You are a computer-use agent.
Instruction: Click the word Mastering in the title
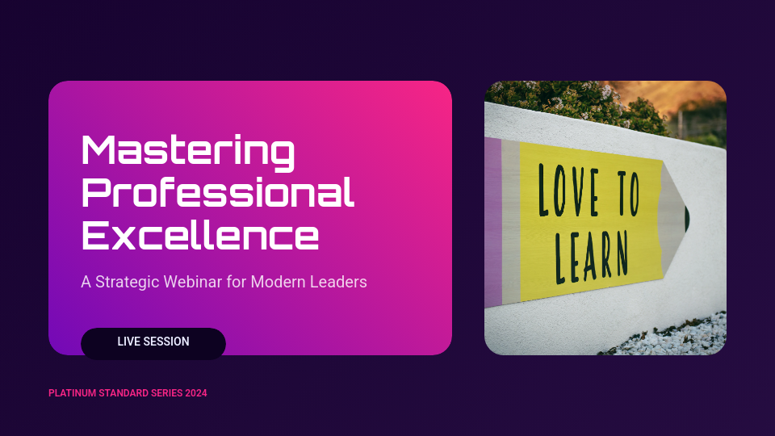pyautogui.click(x=188, y=151)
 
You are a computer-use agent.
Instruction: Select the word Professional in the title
pyautogui.click(x=218, y=193)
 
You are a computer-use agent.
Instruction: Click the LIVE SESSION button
pyautogui.click(x=153, y=342)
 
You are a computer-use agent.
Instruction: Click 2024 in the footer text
pyautogui.click(x=195, y=393)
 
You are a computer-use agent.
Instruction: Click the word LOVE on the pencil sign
pyautogui.click(x=569, y=191)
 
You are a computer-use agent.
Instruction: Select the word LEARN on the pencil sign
pyautogui.click(x=590, y=251)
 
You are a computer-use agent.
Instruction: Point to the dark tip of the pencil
pyautogui.click(x=686, y=216)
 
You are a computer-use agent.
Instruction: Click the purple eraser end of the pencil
pyautogui.click(x=492, y=222)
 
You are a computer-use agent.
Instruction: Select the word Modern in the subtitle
pyautogui.click(x=274, y=283)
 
